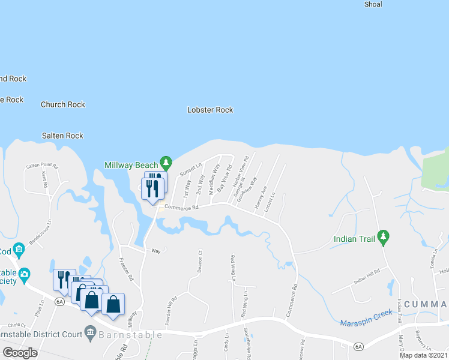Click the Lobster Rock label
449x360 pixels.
(210, 110)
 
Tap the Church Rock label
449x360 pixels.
(63, 104)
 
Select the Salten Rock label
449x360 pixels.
(62, 136)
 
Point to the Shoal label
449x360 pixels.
(373, 4)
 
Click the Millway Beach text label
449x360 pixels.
(131, 165)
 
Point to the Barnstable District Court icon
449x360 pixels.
(90, 331)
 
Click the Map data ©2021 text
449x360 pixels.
(424, 355)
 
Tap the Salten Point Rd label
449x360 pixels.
(41, 166)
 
